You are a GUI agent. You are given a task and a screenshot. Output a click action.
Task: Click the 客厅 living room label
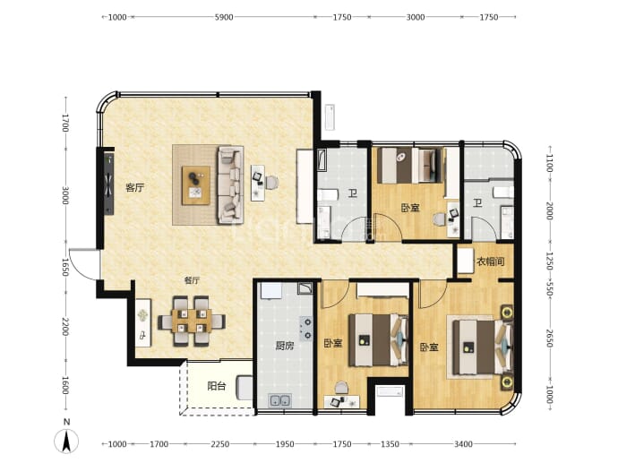pyautogui.click(x=134, y=187)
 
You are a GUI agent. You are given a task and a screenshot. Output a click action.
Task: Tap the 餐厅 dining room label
pyautogui.click(x=192, y=280)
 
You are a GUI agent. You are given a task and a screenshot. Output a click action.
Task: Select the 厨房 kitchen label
pyautogui.click(x=285, y=346)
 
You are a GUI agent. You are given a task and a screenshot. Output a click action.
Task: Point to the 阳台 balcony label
pyautogui.click(x=217, y=386)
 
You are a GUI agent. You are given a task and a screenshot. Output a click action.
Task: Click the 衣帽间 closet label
pyautogui.click(x=490, y=262)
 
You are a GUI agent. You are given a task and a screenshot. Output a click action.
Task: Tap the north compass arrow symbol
pyautogui.click(x=66, y=441)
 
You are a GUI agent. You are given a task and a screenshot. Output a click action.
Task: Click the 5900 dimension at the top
pyautogui.click(x=224, y=17)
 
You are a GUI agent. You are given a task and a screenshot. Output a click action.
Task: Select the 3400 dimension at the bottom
pyautogui.click(x=463, y=444)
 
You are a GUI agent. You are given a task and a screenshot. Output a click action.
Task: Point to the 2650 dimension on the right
pyautogui.click(x=549, y=339)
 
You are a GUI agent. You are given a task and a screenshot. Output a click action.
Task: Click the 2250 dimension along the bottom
pyautogui.click(x=220, y=444)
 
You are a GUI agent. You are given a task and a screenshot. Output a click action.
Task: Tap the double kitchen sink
pyautogui.click(x=279, y=400)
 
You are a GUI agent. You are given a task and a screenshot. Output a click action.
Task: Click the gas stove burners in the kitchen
pyautogui.click(x=306, y=329)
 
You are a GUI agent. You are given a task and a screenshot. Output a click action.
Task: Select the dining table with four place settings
pyautogui.click(x=192, y=321)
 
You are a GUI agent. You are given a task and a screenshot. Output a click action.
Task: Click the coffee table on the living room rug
pyautogui.click(x=196, y=185)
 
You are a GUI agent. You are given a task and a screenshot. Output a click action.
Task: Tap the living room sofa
pyautogui.click(x=230, y=184)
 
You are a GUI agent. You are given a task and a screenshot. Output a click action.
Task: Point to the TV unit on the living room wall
pyautogui.click(x=108, y=184)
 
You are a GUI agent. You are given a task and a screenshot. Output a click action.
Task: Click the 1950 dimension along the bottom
pyautogui.click(x=285, y=444)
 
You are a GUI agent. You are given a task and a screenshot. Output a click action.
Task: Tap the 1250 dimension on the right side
pyautogui.click(x=549, y=261)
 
